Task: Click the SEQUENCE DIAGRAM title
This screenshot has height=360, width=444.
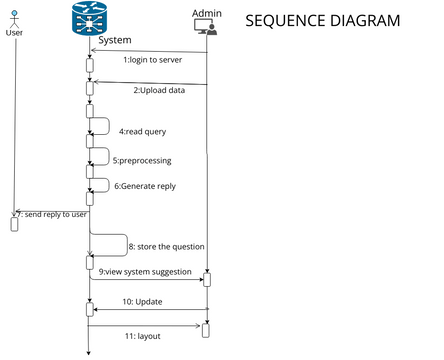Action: [322, 20]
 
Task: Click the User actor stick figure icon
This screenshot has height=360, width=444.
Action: [14, 16]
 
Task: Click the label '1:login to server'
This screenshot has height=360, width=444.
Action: [152, 60]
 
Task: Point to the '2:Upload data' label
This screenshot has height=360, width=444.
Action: [158, 90]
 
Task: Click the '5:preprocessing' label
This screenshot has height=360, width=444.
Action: [142, 159]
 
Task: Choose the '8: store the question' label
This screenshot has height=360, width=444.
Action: [166, 246]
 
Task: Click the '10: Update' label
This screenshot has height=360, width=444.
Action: [142, 301]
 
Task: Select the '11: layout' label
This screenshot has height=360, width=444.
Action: [142, 335]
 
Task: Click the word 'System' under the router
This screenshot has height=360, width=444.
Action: [115, 41]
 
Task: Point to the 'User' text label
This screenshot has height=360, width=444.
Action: [14, 32]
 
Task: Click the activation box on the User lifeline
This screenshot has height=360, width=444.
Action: [14, 222]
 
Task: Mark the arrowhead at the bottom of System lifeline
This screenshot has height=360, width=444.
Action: [89, 352]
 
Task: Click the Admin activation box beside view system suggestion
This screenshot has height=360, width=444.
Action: [207, 279]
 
